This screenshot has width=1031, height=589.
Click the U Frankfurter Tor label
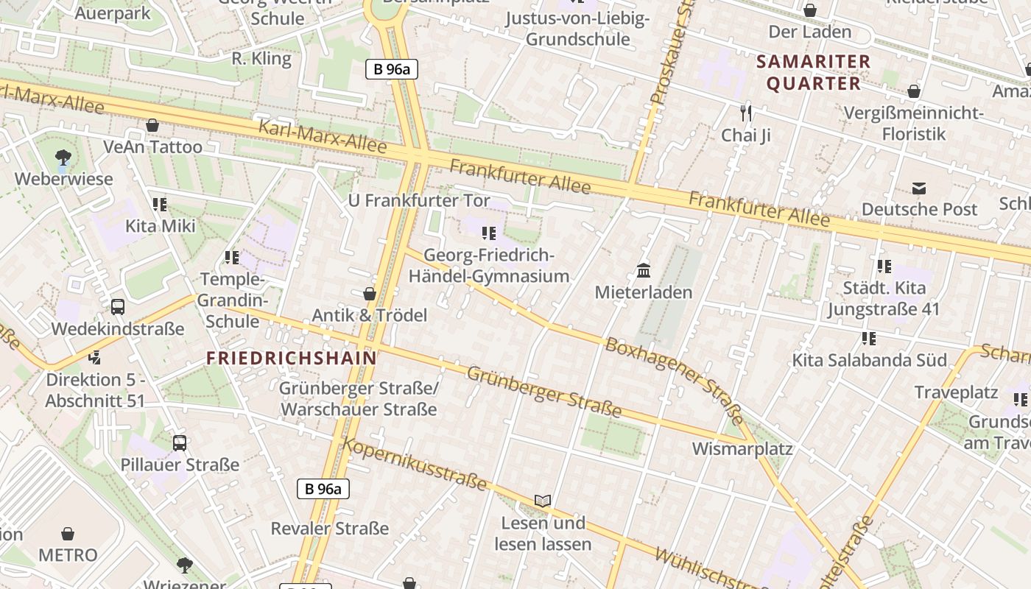coord(419,200)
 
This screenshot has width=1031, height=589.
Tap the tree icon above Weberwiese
coord(63,157)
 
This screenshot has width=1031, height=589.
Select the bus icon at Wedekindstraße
coord(118,307)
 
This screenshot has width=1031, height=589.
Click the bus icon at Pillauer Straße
coord(180,443)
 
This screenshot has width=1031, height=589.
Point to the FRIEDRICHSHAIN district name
coord(291,359)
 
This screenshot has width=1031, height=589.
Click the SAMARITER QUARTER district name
coord(814,72)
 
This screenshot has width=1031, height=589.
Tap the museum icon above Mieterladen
coord(644,270)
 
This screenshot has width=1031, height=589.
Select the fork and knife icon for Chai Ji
coord(746,113)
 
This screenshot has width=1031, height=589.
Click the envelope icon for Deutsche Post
coord(919,188)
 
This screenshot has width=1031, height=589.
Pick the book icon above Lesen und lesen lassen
coord(543,501)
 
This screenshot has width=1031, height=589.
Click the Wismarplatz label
coord(742,449)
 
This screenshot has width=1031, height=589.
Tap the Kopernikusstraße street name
coord(415,464)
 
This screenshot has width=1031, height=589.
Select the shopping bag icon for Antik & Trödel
coord(370,294)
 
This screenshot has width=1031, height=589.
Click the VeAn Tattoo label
coord(152,147)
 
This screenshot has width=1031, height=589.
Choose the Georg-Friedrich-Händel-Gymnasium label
coord(489,266)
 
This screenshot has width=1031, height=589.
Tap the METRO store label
coord(68,554)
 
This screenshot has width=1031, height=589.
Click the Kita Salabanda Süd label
coord(869,360)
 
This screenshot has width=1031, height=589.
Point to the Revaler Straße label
coord(329,529)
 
